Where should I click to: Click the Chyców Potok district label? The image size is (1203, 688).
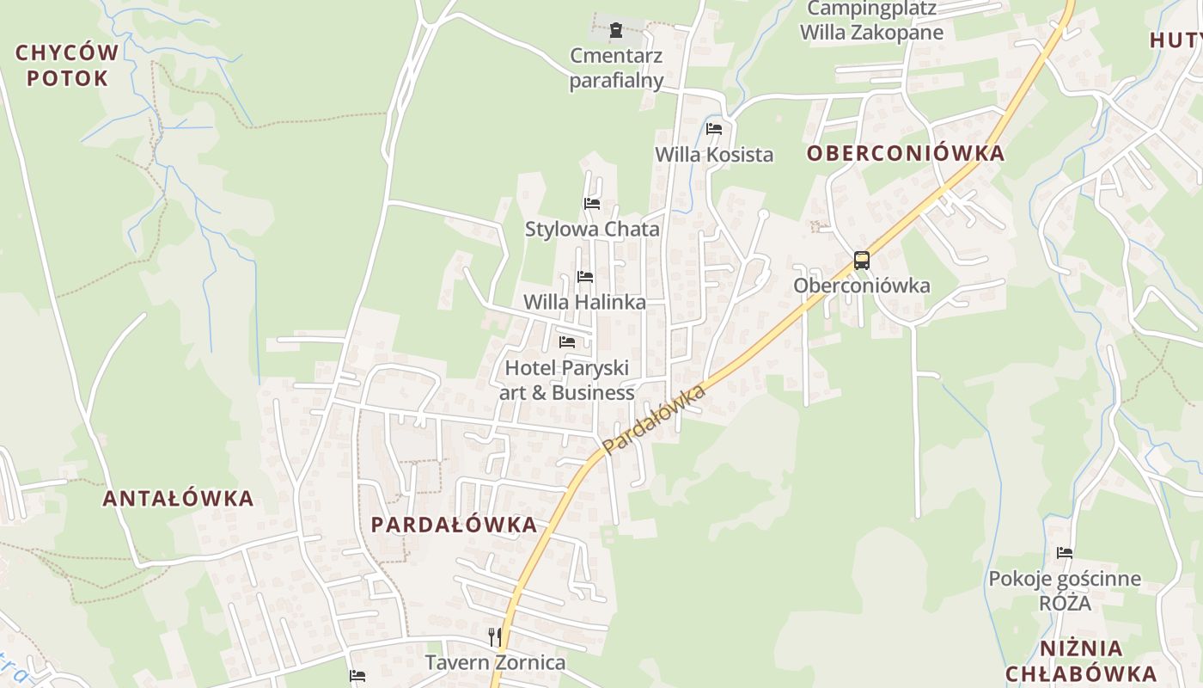pos(67,65)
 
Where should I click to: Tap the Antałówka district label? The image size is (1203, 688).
pos(179,498)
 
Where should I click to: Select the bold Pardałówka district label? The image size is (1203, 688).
pos(454,525)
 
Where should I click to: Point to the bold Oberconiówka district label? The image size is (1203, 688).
pos(906,153)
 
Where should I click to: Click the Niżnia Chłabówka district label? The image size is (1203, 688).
pos(1080,660)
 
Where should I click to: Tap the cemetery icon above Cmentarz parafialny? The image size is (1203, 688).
pos(615,31)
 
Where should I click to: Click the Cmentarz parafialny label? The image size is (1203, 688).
pos(617,69)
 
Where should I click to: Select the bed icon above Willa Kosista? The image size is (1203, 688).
pos(714,129)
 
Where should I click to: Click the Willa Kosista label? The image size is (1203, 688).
pos(714,155)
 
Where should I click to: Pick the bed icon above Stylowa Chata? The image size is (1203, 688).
pos(592,204)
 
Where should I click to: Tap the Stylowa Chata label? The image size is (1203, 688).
pos(592,229)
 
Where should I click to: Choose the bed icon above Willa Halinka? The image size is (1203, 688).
pos(585,277)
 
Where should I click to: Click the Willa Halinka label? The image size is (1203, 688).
pos(584,303)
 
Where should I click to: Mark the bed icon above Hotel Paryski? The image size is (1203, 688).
pos(567,342)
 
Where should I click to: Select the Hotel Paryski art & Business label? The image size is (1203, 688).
pos(567,380)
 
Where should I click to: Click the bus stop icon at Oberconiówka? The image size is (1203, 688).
pos(861,261)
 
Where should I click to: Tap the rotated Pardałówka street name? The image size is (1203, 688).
pos(654,420)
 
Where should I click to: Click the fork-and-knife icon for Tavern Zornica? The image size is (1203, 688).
pos(495,636)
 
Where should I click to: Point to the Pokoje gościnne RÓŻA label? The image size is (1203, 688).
pos(1065,590)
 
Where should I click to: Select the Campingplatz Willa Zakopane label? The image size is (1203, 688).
pos(871,21)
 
